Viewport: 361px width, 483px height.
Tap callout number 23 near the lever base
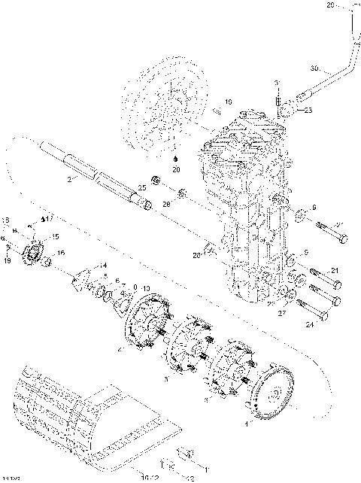click(x=308, y=110)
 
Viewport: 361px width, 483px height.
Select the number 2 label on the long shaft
click(x=68, y=181)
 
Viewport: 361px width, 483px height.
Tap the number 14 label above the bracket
click(x=105, y=266)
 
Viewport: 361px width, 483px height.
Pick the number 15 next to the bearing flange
click(x=54, y=236)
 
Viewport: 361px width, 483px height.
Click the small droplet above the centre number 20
click(x=176, y=159)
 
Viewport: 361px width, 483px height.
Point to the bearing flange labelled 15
click(x=33, y=254)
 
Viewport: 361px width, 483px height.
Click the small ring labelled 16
click(x=46, y=261)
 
